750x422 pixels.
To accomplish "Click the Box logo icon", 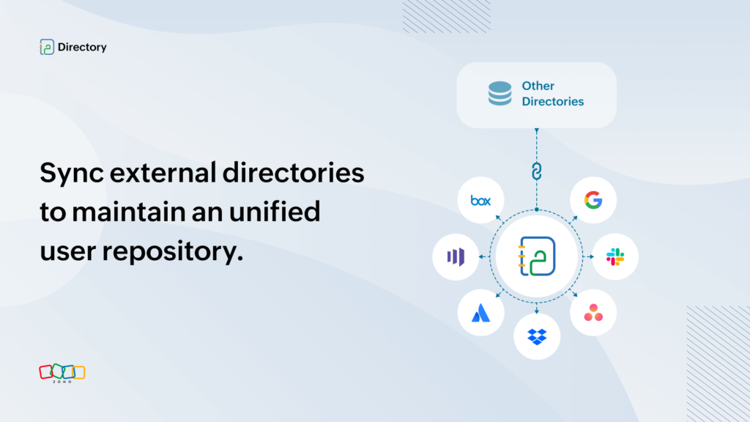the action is point(480,201).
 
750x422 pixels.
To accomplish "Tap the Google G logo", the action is point(593,200).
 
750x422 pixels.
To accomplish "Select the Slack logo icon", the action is point(615,257).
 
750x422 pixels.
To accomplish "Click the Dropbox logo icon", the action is point(537,337).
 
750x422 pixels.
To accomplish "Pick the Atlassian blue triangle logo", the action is point(480,313).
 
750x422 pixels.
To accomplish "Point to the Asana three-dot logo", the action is point(593,313).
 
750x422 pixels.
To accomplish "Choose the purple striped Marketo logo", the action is point(456,257).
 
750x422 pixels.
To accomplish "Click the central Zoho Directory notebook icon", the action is point(537,256).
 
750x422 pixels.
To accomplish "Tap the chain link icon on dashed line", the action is point(537,171).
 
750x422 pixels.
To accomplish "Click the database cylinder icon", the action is point(500,93).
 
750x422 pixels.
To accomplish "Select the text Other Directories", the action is point(552,94).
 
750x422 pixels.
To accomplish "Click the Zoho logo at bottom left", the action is point(62,373).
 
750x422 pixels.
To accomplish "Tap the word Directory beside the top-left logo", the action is point(82,47).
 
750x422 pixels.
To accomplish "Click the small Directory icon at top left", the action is point(47,47).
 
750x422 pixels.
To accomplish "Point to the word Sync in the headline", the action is point(72,174).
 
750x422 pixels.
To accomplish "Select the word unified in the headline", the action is point(275,212).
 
